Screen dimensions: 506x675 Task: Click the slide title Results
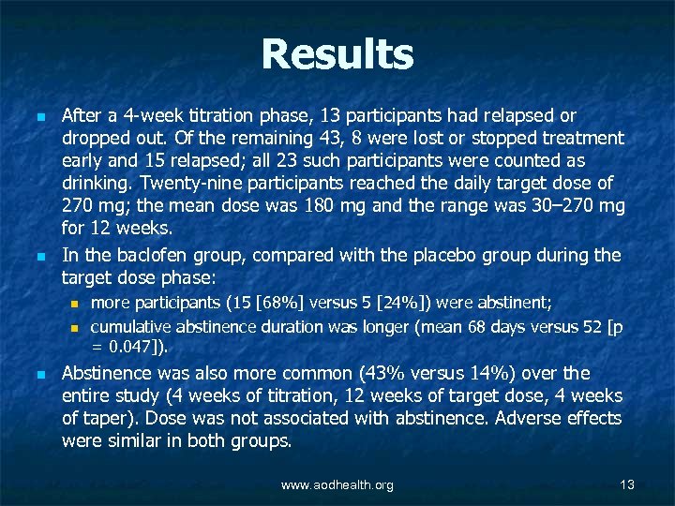(x=337, y=54)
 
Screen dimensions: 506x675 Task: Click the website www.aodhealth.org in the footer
(x=337, y=484)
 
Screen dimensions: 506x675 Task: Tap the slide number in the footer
(x=627, y=484)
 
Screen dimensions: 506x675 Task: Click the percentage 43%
(x=371, y=372)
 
